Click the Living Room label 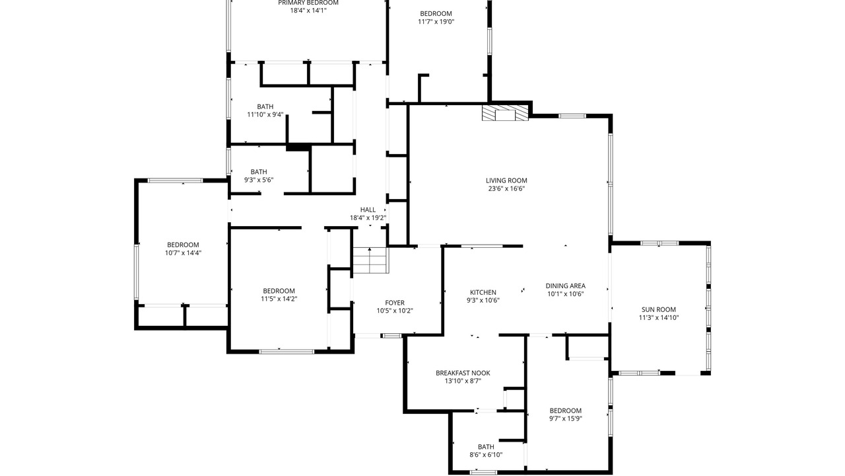pyautogui.click(x=506, y=180)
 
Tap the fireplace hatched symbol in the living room pyautogui.click(x=505, y=113)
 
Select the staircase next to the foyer pyautogui.click(x=370, y=260)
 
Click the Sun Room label pyautogui.click(x=659, y=309)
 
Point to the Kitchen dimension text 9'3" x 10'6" pyautogui.click(x=483, y=300)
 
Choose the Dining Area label pyautogui.click(x=566, y=286)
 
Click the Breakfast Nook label pyautogui.click(x=463, y=373)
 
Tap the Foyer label pyautogui.click(x=395, y=303)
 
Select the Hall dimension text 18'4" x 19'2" pyautogui.click(x=368, y=218)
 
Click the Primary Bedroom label pyautogui.click(x=308, y=3)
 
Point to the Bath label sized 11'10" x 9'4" pyautogui.click(x=265, y=106)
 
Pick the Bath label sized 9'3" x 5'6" pyautogui.click(x=259, y=172)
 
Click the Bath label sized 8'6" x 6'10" pyautogui.click(x=486, y=447)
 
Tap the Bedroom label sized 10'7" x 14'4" pyautogui.click(x=183, y=245)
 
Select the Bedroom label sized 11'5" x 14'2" pyautogui.click(x=279, y=291)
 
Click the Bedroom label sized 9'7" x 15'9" pyautogui.click(x=566, y=411)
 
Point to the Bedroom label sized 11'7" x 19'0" pyautogui.click(x=436, y=14)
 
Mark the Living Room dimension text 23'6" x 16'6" pyautogui.click(x=506, y=188)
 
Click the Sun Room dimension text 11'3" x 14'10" pyautogui.click(x=659, y=318)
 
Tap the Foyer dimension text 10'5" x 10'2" pyautogui.click(x=395, y=311)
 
